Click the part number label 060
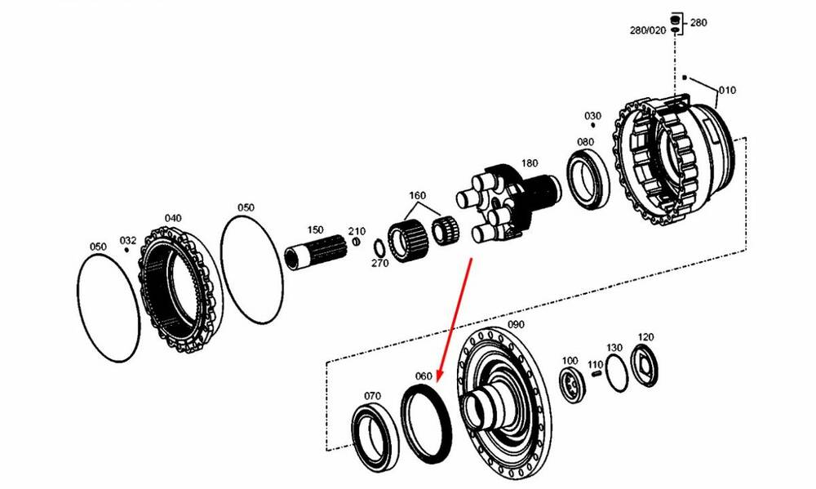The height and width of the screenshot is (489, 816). pyautogui.click(x=424, y=376)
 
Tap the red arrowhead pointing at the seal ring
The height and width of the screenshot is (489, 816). pyautogui.click(x=440, y=377)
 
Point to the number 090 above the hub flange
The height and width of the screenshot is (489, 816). pyautogui.click(x=516, y=324)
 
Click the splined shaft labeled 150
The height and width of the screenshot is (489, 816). pyautogui.click(x=316, y=252)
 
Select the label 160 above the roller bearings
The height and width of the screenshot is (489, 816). pyautogui.click(x=417, y=195)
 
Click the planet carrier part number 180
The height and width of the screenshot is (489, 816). pyautogui.click(x=530, y=163)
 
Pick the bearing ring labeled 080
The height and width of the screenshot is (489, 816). pyautogui.click(x=588, y=179)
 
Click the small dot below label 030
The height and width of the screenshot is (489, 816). pyautogui.click(x=593, y=125)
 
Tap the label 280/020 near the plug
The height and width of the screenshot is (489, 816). pyautogui.click(x=648, y=30)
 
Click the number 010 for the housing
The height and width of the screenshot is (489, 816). pyautogui.click(x=727, y=90)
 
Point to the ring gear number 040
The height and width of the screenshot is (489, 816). pyautogui.click(x=173, y=218)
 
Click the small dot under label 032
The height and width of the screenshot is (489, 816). pyautogui.click(x=126, y=250)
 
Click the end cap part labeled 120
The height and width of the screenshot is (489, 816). pyautogui.click(x=645, y=366)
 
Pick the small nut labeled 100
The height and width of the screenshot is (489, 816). pyautogui.click(x=573, y=385)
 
